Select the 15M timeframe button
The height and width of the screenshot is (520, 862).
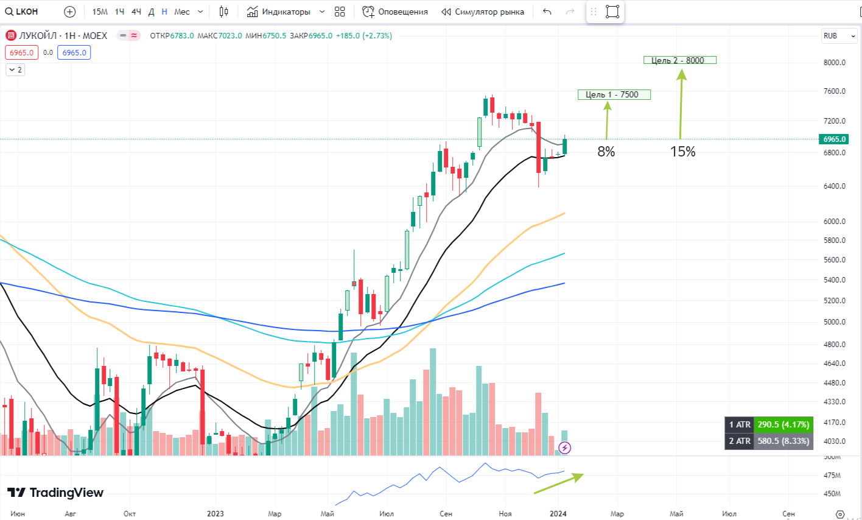(100, 12)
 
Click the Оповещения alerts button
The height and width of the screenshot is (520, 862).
(395, 12)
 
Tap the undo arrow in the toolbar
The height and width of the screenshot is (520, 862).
(547, 12)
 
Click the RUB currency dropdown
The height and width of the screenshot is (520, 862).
(839, 36)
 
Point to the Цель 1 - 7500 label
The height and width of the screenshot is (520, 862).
(614, 94)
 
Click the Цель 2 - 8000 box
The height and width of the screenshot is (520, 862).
(679, 60)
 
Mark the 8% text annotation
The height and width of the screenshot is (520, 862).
(606, 152)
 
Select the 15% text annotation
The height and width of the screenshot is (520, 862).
(682, 152)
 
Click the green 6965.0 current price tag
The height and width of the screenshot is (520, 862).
(834, 139)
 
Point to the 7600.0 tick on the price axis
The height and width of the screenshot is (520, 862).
(834, 91)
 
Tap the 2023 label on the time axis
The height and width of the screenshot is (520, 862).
(215, 513)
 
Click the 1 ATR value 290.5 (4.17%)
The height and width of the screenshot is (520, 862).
(783, 424)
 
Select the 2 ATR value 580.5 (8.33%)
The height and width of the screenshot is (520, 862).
(783, 441)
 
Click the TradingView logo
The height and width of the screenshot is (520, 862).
(55, 493)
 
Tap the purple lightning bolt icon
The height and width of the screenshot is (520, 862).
(565, 448)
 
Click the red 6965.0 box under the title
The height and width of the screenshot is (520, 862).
(21, 53)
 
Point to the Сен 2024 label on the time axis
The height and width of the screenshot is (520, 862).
(788, 513)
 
